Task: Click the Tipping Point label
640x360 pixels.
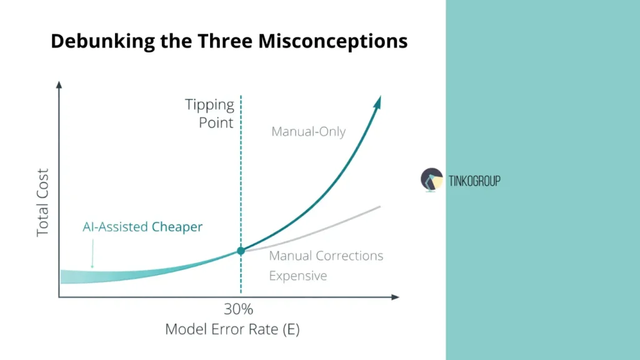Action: (209, 113)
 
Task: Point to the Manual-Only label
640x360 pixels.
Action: (308, 132)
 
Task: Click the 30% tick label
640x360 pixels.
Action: (238, 309)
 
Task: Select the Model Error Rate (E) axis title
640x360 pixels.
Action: (232, 329)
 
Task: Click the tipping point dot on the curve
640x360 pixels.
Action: (241, 251)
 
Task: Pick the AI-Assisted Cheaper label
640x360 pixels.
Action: (142, 227)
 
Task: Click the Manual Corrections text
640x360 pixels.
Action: (326, 256)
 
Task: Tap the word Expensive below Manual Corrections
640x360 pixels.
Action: (297, 276)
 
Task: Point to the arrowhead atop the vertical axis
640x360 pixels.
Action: (59, 84)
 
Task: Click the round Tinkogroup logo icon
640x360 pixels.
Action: (432, 179)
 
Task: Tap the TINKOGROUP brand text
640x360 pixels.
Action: (474, 181)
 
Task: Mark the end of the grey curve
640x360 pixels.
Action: (380, 206)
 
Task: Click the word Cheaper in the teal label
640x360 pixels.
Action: (177, 227)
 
